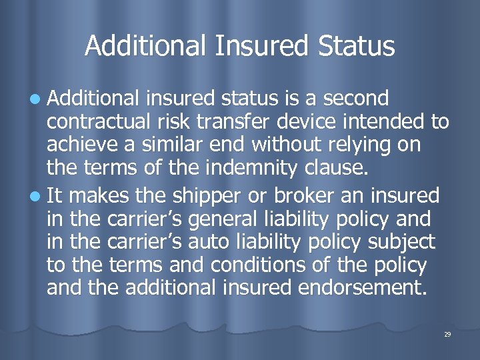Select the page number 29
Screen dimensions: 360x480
(447, 334)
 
